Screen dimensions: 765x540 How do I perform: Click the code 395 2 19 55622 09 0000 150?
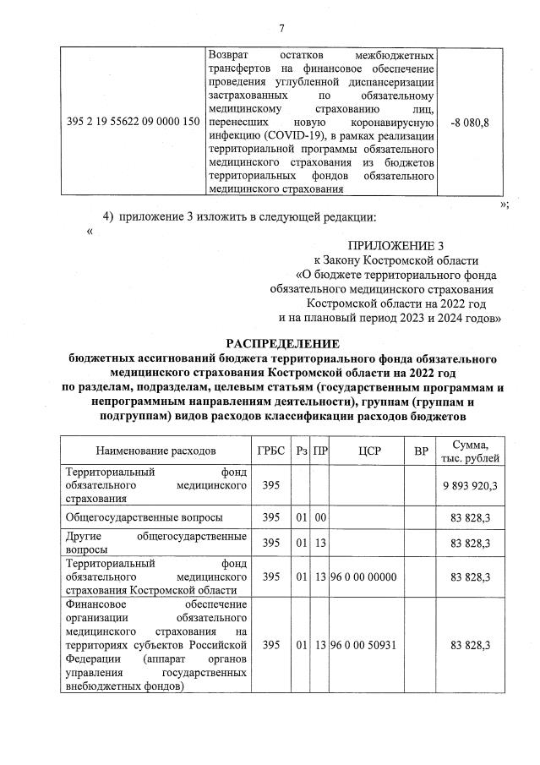pyautogui.click(x=133, y=123)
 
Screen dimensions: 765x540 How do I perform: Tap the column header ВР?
pyautogui.click(x=421, y=451)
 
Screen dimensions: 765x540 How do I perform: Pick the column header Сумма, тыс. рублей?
pyautogui.click(x=476, y=451)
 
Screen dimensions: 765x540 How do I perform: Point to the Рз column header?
pyautogui.click(x=301, y=451)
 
